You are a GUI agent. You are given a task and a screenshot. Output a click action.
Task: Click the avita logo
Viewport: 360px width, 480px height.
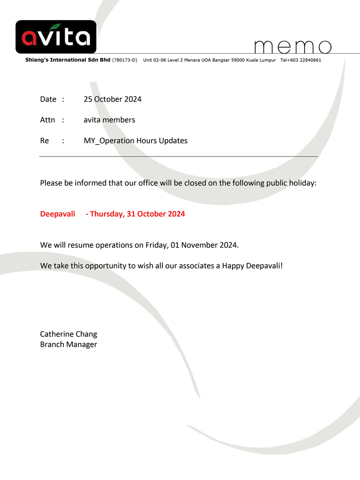(x=56, y=37)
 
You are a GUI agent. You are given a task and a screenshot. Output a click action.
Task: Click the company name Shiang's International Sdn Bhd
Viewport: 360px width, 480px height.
(x=67, y=60)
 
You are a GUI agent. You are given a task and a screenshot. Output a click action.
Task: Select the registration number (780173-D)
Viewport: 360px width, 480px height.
(x=125, y=60)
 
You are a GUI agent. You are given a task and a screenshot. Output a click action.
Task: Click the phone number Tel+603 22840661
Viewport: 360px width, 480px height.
(x=301, y=60)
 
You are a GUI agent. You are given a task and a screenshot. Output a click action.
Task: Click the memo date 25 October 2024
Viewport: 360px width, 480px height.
(x=112, y=99)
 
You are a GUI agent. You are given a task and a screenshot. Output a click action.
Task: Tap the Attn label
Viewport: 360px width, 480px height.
(x=47, y=120)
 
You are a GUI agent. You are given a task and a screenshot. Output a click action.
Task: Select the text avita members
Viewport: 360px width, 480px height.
(x=109, y=120)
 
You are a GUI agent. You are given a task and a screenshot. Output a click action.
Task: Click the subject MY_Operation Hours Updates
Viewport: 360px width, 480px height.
(x=135, y=140)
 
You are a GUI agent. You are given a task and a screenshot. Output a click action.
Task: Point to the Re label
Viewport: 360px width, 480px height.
(x=45, y=140)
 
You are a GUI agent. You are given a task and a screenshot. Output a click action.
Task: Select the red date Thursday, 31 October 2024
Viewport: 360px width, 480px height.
(x=137, y=214)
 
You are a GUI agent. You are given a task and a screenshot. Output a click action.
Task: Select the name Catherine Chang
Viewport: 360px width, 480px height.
(x=68, y=334)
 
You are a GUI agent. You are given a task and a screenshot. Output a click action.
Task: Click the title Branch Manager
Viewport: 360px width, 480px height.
(x=68, y=344)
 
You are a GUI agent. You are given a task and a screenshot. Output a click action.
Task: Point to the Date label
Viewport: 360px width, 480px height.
(x=48, y=99)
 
